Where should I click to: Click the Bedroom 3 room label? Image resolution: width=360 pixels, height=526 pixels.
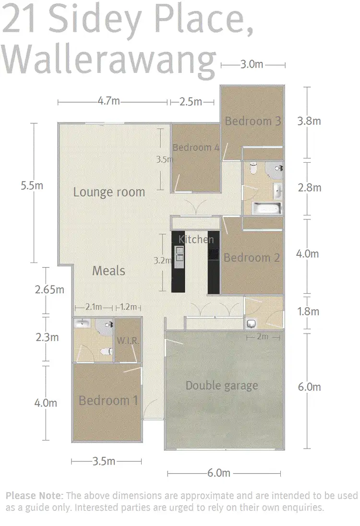click(252, 121)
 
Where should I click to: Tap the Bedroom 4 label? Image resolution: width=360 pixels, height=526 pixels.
click(196, 147)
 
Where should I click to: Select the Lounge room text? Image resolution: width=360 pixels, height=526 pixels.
click(109, 192)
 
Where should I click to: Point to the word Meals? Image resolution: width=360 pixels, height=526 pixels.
click(108, 271)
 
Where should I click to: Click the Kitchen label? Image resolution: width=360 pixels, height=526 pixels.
click(196, 239)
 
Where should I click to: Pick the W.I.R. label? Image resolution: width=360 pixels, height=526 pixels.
click(128, 341)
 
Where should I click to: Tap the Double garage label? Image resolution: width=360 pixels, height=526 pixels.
click(221, 385)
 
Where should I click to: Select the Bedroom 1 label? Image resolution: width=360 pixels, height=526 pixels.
click(108, 400)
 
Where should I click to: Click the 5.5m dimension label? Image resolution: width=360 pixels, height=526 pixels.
click(32, 186)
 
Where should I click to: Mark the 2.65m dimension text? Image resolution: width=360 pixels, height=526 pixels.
click(49, 289)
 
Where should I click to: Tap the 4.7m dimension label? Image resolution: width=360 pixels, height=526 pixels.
click(108, 101)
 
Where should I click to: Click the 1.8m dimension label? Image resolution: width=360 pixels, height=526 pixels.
click(308, 311)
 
